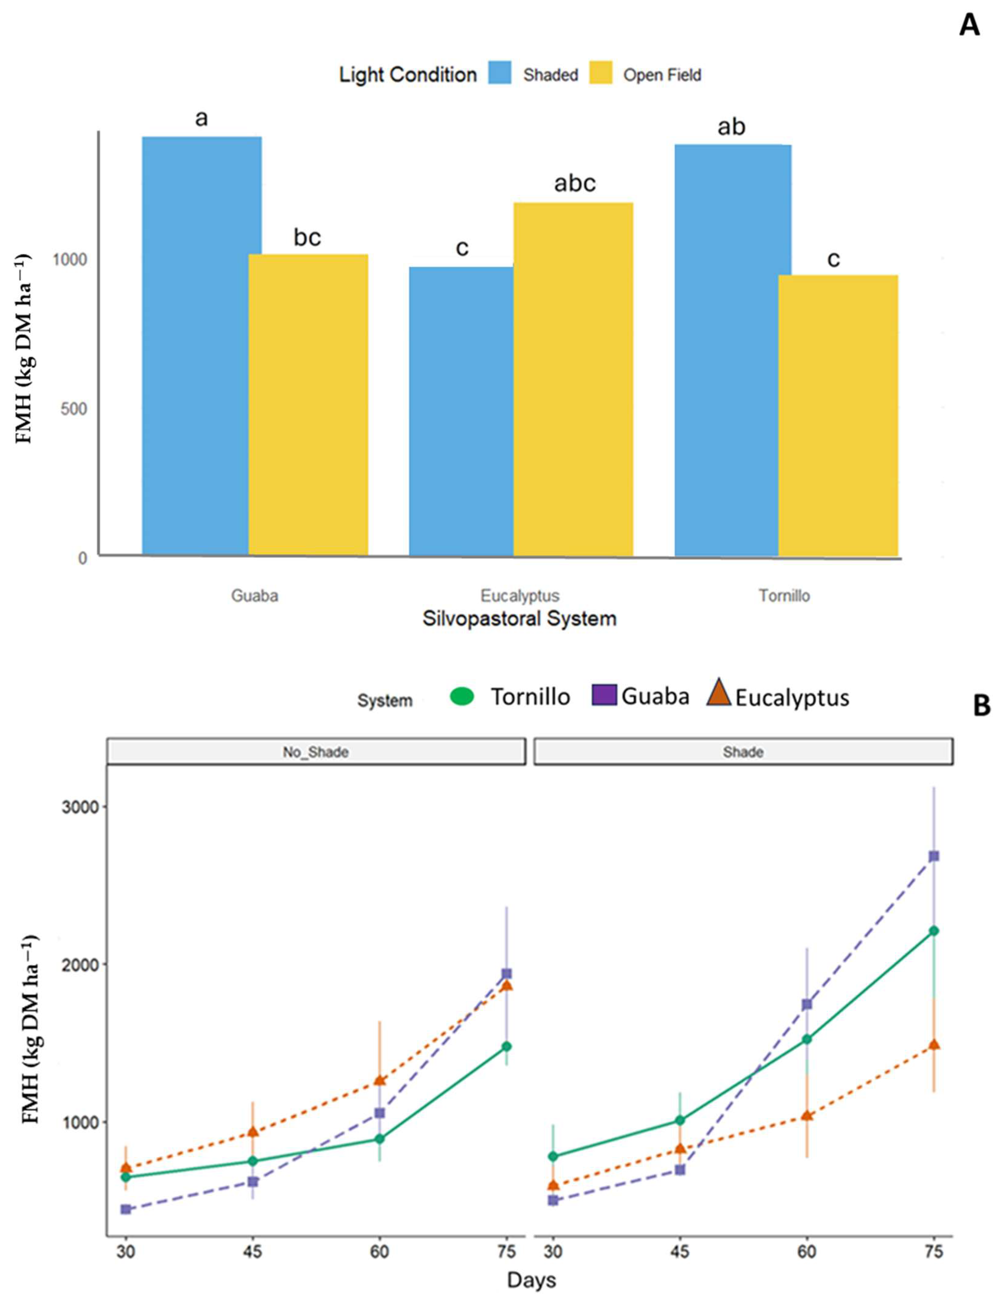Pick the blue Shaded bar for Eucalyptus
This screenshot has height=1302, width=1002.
pos(461,411)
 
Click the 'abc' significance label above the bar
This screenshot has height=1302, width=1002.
pos(574,183)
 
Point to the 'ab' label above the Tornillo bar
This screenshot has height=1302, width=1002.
pos(731,127)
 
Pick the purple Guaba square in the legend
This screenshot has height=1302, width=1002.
pos(604,695)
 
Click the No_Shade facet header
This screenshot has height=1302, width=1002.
pos(315,752)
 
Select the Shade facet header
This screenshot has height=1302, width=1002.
pos(743,752)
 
